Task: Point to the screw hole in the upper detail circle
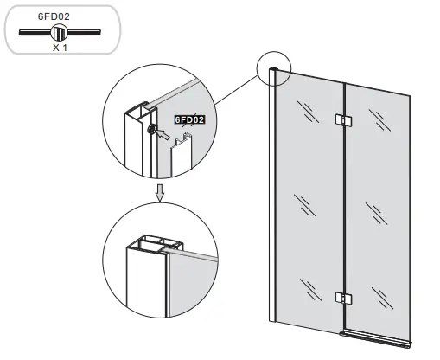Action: [x=152, y=129]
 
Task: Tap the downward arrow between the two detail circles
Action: [x=159, y=193]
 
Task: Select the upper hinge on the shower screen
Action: [x=343, y=120]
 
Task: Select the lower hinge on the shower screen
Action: [x=343, y=299]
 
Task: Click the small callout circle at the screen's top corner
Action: [x=275, y=68]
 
